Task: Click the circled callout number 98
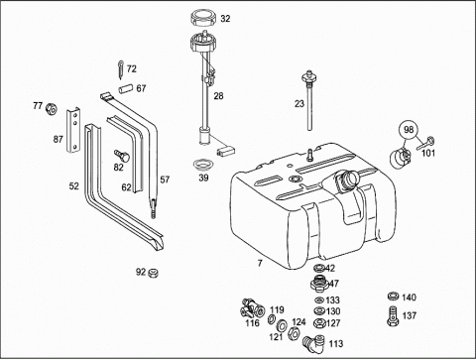coord(409,129)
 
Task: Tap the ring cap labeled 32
coord(204,18)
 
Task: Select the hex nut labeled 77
coord(52,108)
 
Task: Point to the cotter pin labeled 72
coord(121,69)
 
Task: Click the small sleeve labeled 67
coord(126,89)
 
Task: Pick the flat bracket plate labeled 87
coord(74,130)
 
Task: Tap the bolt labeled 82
coord(122,156)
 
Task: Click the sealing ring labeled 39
coord(203,165)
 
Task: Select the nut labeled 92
coord(153,273)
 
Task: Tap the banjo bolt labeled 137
coord(393,315)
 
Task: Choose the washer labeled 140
coord(393,297)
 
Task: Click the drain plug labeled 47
coord(319,284)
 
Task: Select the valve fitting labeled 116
coord(252,308)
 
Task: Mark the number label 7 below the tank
coord(260,263)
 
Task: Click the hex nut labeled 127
coord(319,323)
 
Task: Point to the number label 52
coord(74,186)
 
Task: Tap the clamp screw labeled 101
coord(425,143)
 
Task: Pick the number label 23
coord(299,104)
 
